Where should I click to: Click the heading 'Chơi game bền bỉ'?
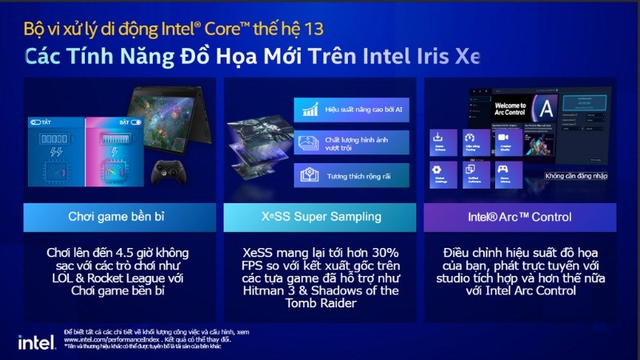coord(119,217)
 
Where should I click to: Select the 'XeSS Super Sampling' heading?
coord(319,217)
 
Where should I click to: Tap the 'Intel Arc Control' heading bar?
coord(519,217)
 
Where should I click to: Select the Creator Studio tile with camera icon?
coord(504,142)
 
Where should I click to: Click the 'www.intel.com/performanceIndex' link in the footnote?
coord(109,339)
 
